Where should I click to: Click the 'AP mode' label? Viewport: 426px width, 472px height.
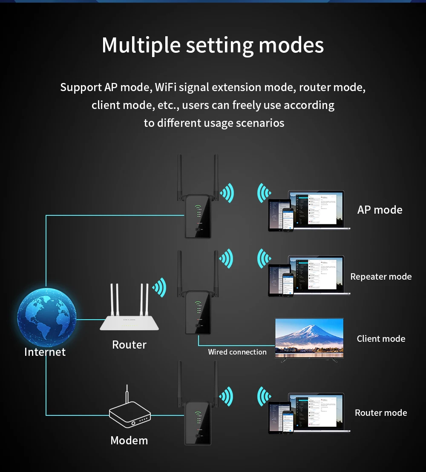click(x=380, y=210)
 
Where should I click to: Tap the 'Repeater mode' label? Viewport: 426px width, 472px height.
click(x=381, y=277)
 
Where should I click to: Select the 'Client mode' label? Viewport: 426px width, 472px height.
click(x=381, y=339)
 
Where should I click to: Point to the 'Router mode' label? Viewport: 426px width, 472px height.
click(x=381, y=413)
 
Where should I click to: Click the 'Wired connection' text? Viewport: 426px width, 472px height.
click(x=237, y=352)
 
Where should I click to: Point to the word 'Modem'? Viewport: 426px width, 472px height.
click(x=129, y=441)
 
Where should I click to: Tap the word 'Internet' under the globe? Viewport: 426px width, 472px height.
click(x=45, y=352)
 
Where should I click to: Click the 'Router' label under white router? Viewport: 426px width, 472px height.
click(x=129, y=345)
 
